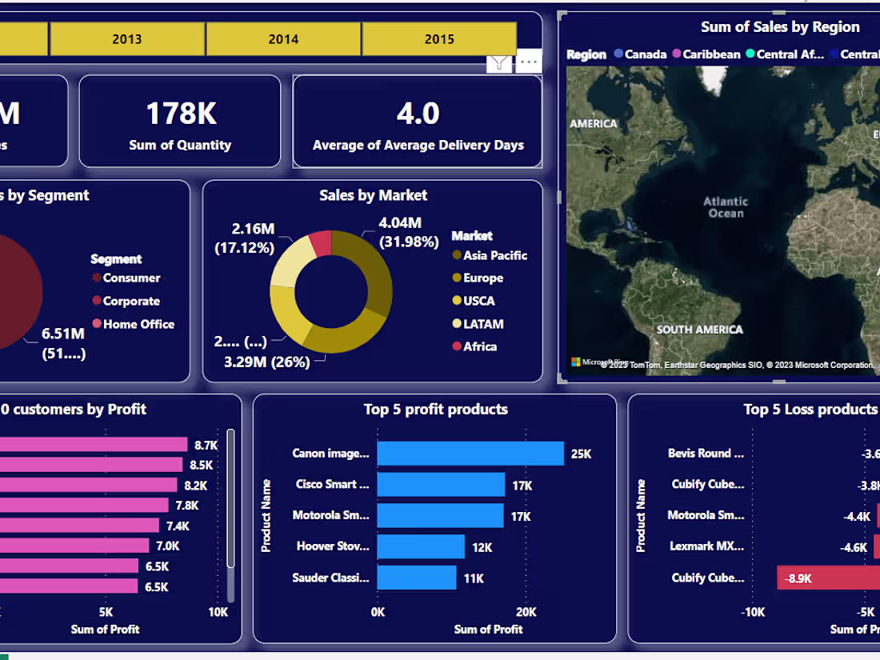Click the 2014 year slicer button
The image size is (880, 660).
pyautogui.click(x=283, y=38)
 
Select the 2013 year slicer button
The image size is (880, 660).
pyautogui.click(x=127, y=38)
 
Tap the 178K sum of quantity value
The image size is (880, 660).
pyautogui.click(x=181, y=114)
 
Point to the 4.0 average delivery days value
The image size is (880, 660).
pyautogui.click(x=418, y=114)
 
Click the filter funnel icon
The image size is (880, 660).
pyautogui.click(x=499, y=62)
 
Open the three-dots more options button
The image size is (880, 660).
pyautogui.click(x=528, y=62)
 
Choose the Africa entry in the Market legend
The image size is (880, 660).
pyautogui.click(x=479, y=346)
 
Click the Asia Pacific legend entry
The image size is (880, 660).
pyautogui.click(x=494, y=255)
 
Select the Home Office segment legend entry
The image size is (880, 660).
pyautogui.click(x=138, y=324)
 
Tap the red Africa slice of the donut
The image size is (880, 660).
pyautogui.click(x=322, y=242)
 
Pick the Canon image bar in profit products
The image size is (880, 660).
pyautogui.click(x=470, y=454)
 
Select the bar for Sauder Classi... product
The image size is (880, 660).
pyautogui.click(x=416, y=578)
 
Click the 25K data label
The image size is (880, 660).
pyautogui.click(x=581, y=454)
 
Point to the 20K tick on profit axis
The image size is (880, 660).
pyautogui.click(x=526, y=612)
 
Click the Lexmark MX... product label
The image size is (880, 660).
pyautogui.click(x=707, y=546)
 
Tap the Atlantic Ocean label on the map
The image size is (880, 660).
pyautogui.click(x=726, y=207)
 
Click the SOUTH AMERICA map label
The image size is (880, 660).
pyautogui.click(x=699, y=330)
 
